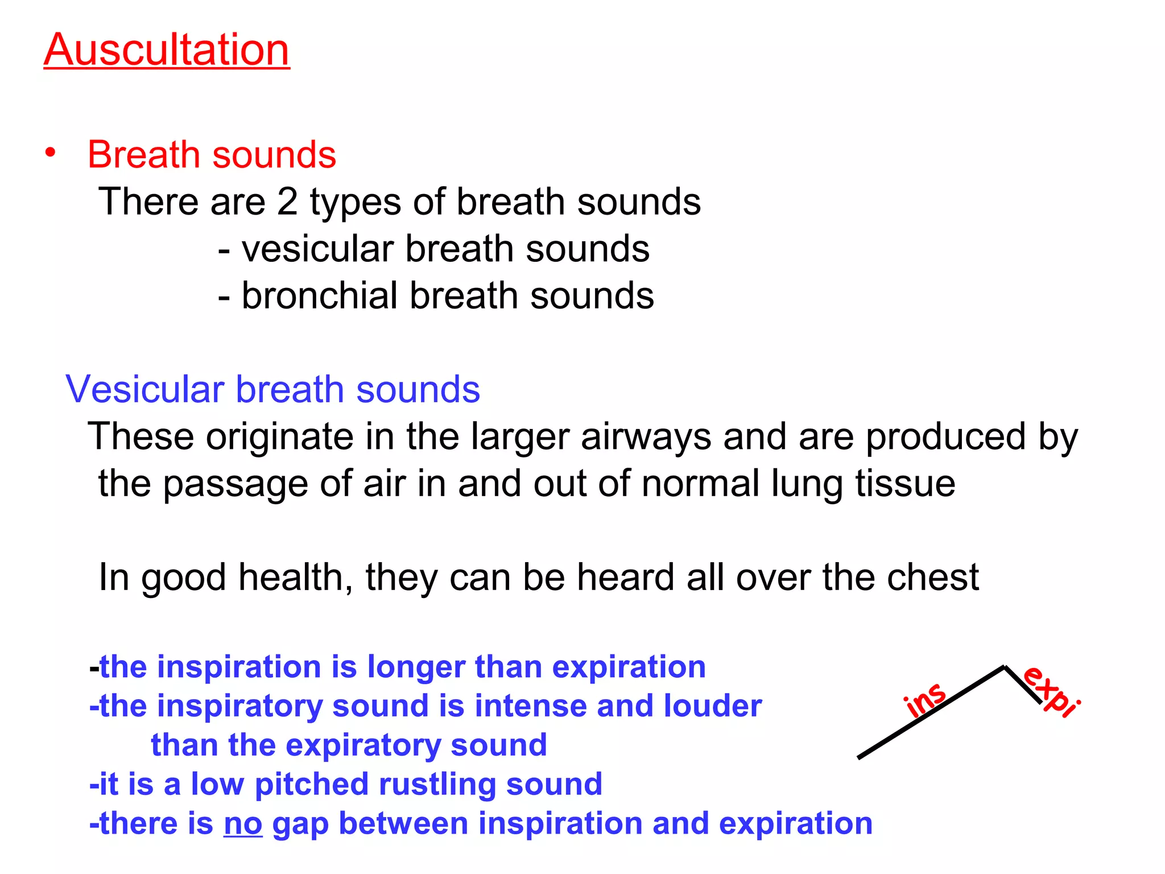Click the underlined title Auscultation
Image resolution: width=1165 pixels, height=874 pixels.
pyautogui.click(x=167, y=50)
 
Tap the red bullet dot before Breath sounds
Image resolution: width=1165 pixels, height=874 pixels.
pyautogui.click(x=51, y=152)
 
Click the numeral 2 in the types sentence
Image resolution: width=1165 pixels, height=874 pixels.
pyautogui.click(x=287, y=202)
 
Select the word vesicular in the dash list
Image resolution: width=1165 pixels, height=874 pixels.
pyautogui.click(x=319, y=249)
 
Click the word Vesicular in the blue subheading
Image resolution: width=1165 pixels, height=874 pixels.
pyautogui.click(x=145, y=390)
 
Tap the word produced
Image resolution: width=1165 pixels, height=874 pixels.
pyautogui.click(x=945, y=437)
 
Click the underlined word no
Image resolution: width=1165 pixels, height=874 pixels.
pyautogui.click(x=243, y=824)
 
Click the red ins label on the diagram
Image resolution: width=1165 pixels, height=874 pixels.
pyautogui.click(x=926, y=699)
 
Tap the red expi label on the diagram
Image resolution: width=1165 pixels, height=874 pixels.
pyautogui.click(x=1051, y=691)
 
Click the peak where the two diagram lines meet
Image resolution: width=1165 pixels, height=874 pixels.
pyautogui.click(x=1004, y=667)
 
